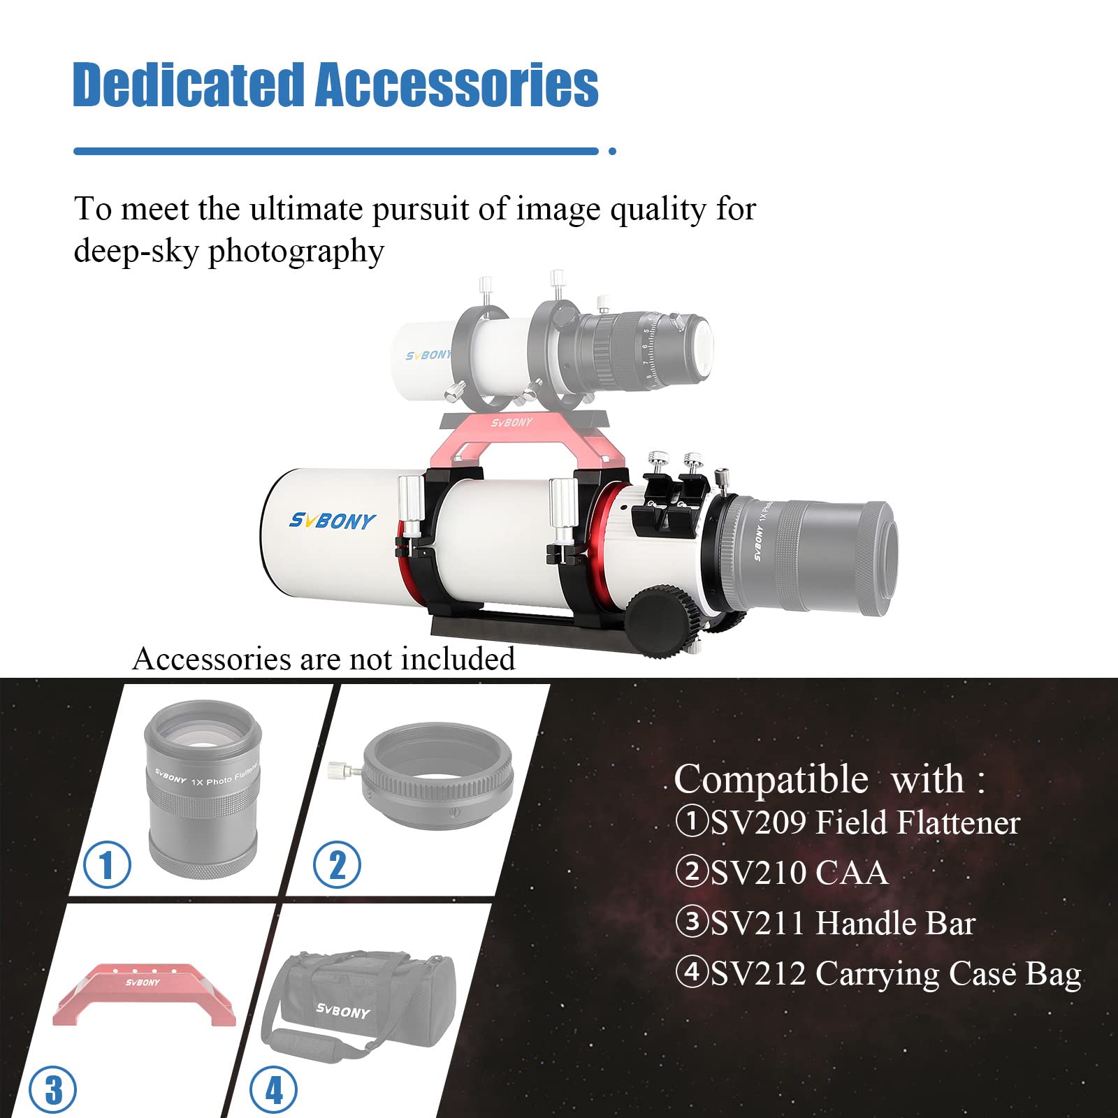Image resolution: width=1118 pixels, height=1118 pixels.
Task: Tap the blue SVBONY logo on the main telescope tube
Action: [x=332, y=521]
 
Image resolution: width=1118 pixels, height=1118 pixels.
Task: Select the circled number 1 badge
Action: [x=107, y=865]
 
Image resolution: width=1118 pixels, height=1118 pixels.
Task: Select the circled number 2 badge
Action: [x=337, y=865]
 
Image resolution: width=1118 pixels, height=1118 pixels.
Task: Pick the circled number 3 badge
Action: [x=53, y=1090]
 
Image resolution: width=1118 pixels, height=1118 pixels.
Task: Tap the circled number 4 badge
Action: [x=273, y=1090]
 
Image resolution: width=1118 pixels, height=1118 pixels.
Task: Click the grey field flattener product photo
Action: [x=203, y=790]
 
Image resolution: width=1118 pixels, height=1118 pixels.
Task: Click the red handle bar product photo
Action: [x=143, y=994]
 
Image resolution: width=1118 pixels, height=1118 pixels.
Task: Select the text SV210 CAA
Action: [x=799, y=873]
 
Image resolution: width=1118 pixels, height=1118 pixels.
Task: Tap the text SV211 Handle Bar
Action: [x=843, y=923]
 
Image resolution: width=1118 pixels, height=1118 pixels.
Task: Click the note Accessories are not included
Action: [x=324, y=659]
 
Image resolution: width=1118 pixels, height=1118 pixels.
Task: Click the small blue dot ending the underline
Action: [x=612, y=151]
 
